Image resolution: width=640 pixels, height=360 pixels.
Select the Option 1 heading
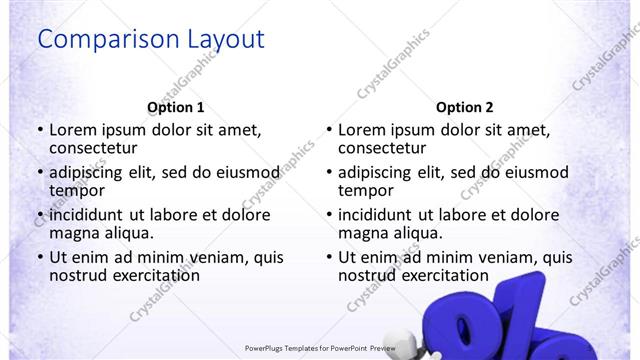[176, 107]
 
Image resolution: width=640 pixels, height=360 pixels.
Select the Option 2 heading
[465, 107]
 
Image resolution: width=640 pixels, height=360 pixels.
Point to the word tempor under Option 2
[366, 190]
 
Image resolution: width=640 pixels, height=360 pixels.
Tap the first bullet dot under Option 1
[40, 131]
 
